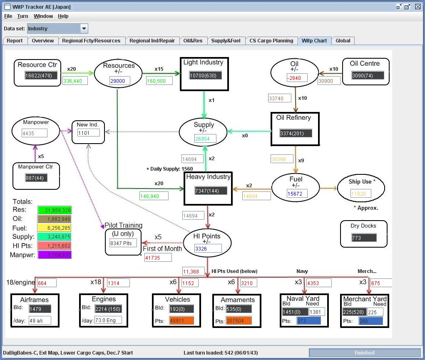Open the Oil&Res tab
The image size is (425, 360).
tap(193, 41)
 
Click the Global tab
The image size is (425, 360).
tap(343, 41)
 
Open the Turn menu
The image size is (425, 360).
tap(23, 16)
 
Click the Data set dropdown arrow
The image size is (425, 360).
tap(84, 29)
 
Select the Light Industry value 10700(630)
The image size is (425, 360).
tap(205, 75)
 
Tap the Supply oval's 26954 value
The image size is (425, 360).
tap(205, 139)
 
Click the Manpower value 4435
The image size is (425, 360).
tap(35, 133)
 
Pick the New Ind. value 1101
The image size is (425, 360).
tap(89, 133)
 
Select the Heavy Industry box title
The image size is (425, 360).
tap(208, 177)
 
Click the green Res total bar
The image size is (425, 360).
tap(55, 210)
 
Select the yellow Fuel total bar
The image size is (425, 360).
tap(55, 228)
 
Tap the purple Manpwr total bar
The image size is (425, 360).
tap(55, 255)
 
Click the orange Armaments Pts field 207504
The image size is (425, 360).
tap(239, 321)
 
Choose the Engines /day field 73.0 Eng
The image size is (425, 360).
tap(107, 320)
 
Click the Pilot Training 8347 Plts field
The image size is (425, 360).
tap(123, 243)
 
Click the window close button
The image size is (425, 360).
tap(418, 7)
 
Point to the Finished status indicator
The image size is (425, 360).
tap(364, 353)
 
